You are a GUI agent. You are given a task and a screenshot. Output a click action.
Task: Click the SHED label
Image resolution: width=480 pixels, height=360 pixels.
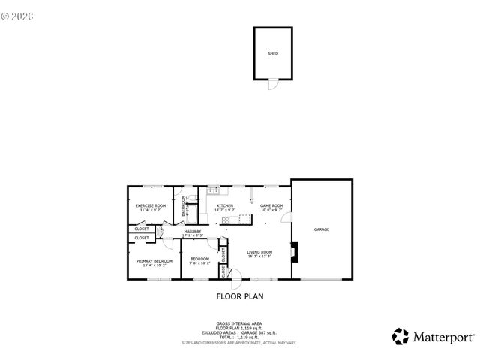click(272, 54)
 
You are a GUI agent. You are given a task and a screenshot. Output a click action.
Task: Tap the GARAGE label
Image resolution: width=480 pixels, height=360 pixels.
click(322, 229)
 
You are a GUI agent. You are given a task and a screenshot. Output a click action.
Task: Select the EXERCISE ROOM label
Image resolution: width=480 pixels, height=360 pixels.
click(150, 205)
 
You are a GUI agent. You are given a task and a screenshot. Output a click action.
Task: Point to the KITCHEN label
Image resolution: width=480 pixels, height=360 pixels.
click(225, 205)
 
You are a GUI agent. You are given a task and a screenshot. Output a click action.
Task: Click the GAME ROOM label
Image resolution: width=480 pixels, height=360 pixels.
click(271, 205)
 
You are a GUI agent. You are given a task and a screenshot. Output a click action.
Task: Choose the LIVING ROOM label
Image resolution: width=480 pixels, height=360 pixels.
click(259, 252)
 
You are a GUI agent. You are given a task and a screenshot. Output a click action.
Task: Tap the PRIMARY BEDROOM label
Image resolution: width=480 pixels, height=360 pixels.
click(154, 260)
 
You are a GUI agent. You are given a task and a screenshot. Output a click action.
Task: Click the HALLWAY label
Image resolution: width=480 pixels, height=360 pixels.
click(193, 232)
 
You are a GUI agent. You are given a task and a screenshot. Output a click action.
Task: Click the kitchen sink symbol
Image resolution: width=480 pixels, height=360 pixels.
click(213, 190)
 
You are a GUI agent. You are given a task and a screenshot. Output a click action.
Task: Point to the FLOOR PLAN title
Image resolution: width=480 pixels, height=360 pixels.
click(240, 296)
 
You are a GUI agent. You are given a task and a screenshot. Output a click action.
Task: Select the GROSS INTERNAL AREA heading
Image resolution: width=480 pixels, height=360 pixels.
click(240, 324)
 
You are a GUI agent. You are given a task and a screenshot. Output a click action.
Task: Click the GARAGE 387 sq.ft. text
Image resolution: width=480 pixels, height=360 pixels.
click(262, 332)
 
